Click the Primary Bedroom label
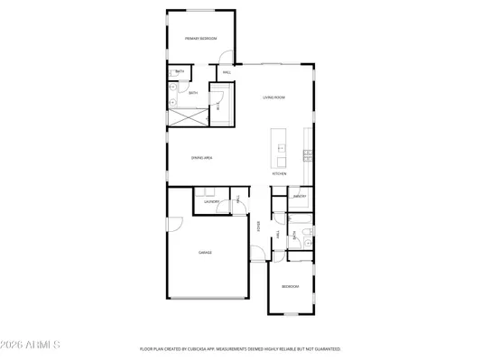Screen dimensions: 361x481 201,39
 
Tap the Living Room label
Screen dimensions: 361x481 274,97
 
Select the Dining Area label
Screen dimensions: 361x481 201,158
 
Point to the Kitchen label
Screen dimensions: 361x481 280,174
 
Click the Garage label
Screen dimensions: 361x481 206,253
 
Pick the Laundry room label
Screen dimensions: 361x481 211,202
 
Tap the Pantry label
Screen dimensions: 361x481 300,196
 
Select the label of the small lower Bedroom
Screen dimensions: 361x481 290,286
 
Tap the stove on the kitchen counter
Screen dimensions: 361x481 309,154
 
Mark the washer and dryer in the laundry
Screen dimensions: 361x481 209,192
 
